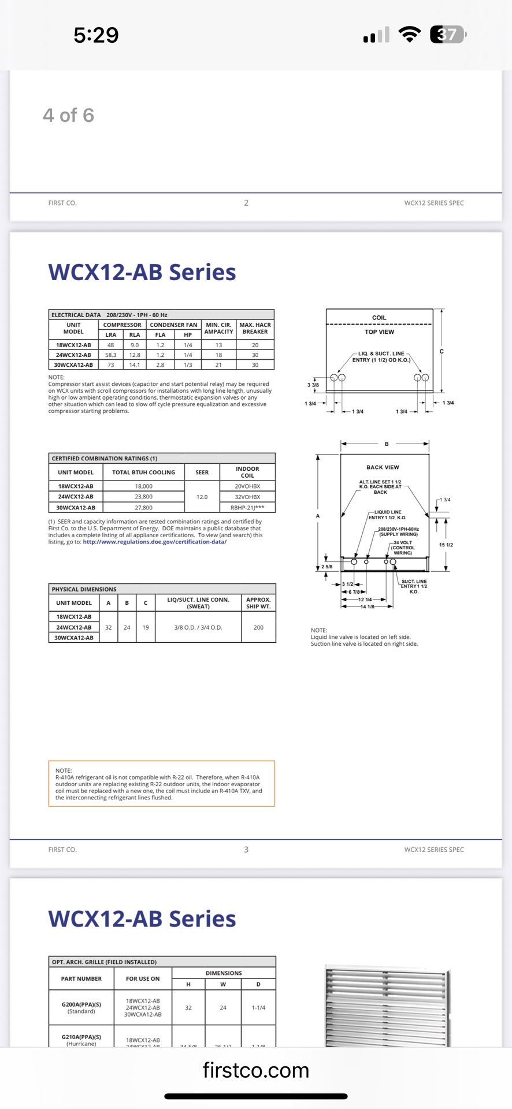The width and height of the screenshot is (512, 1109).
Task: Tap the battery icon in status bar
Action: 447,35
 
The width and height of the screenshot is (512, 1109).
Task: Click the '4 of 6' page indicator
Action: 68,116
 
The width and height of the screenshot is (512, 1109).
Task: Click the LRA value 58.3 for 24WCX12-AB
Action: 110,355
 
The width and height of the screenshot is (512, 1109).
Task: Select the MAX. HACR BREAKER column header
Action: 255,328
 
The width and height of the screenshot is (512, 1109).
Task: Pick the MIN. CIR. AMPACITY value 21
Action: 218,365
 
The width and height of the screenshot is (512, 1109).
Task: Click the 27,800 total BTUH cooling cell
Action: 143,508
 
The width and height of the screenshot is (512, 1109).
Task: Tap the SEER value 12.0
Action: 202,497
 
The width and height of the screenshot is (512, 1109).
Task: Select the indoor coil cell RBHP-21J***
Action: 247,508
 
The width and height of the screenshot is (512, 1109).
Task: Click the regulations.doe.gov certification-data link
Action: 154,542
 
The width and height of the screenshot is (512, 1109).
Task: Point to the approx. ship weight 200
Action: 258,627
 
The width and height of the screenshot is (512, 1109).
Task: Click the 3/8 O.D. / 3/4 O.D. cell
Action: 198,627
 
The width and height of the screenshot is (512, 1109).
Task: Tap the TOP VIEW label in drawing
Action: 379,332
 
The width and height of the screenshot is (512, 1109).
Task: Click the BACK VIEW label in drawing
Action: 383,467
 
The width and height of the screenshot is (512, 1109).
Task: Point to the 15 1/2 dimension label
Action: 446,545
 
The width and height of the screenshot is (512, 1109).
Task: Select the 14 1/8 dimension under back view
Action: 367,606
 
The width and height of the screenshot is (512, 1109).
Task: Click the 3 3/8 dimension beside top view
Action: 313,385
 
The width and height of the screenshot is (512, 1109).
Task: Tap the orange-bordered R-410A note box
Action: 161,784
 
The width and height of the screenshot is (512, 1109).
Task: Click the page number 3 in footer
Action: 246,850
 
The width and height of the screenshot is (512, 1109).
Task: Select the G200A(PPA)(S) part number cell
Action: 81,1007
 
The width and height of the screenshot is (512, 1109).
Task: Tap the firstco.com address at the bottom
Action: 255,1070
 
